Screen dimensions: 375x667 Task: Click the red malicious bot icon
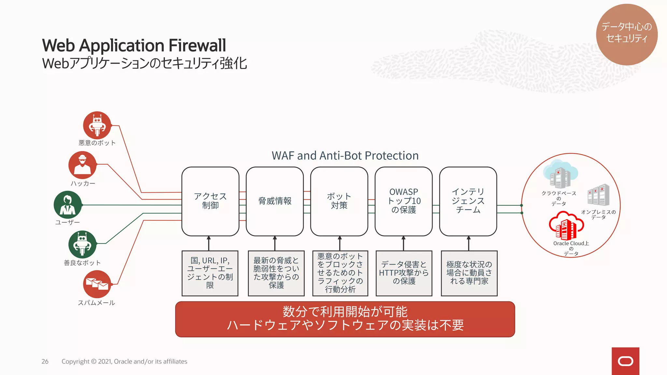[x=97, y=125]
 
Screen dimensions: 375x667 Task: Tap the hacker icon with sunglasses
[x=82, y=165]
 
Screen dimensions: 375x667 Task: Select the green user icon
[x=68, y=205]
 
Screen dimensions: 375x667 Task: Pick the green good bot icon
[x=82, y=244]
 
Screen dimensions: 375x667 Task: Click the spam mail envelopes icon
[x=97, y=284]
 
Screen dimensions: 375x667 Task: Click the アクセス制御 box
[x=210, y=201]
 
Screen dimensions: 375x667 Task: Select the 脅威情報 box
[x=275, y=201]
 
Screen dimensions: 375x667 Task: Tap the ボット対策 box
[x=339, y=201]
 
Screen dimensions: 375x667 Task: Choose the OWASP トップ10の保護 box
[x=404, y=201]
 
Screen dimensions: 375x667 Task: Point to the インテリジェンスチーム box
[x=468, y=201]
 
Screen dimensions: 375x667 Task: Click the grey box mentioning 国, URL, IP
[x=210, y=273]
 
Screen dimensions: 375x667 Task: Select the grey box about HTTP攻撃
[x=404, y=273]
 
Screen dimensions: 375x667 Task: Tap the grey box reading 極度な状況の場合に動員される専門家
[x=469, y=273]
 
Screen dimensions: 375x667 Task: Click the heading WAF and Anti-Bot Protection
[x=345, y=156]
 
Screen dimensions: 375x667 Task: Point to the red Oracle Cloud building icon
[x=566, y=226]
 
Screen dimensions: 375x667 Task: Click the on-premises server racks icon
[x=598, y=195]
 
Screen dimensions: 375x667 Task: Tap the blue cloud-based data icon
[x=560, y=174]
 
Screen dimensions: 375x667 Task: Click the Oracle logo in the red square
[x=625, y=361]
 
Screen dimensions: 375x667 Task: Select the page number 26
[x=45, y=361]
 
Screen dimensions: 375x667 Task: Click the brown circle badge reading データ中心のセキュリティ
[x=627, y=34]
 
